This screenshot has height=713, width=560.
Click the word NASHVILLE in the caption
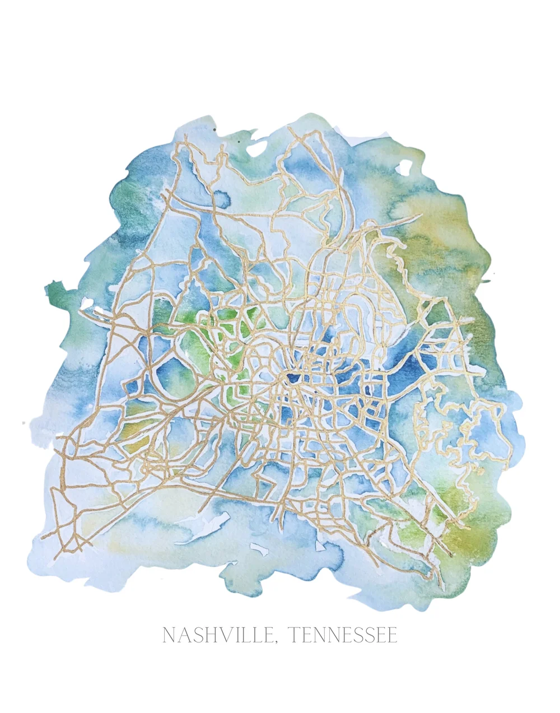pos(217,635)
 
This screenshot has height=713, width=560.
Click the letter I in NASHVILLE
pos(236,635)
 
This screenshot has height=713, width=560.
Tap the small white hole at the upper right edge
pos(403,167)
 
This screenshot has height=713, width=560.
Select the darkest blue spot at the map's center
pos(292,379)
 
